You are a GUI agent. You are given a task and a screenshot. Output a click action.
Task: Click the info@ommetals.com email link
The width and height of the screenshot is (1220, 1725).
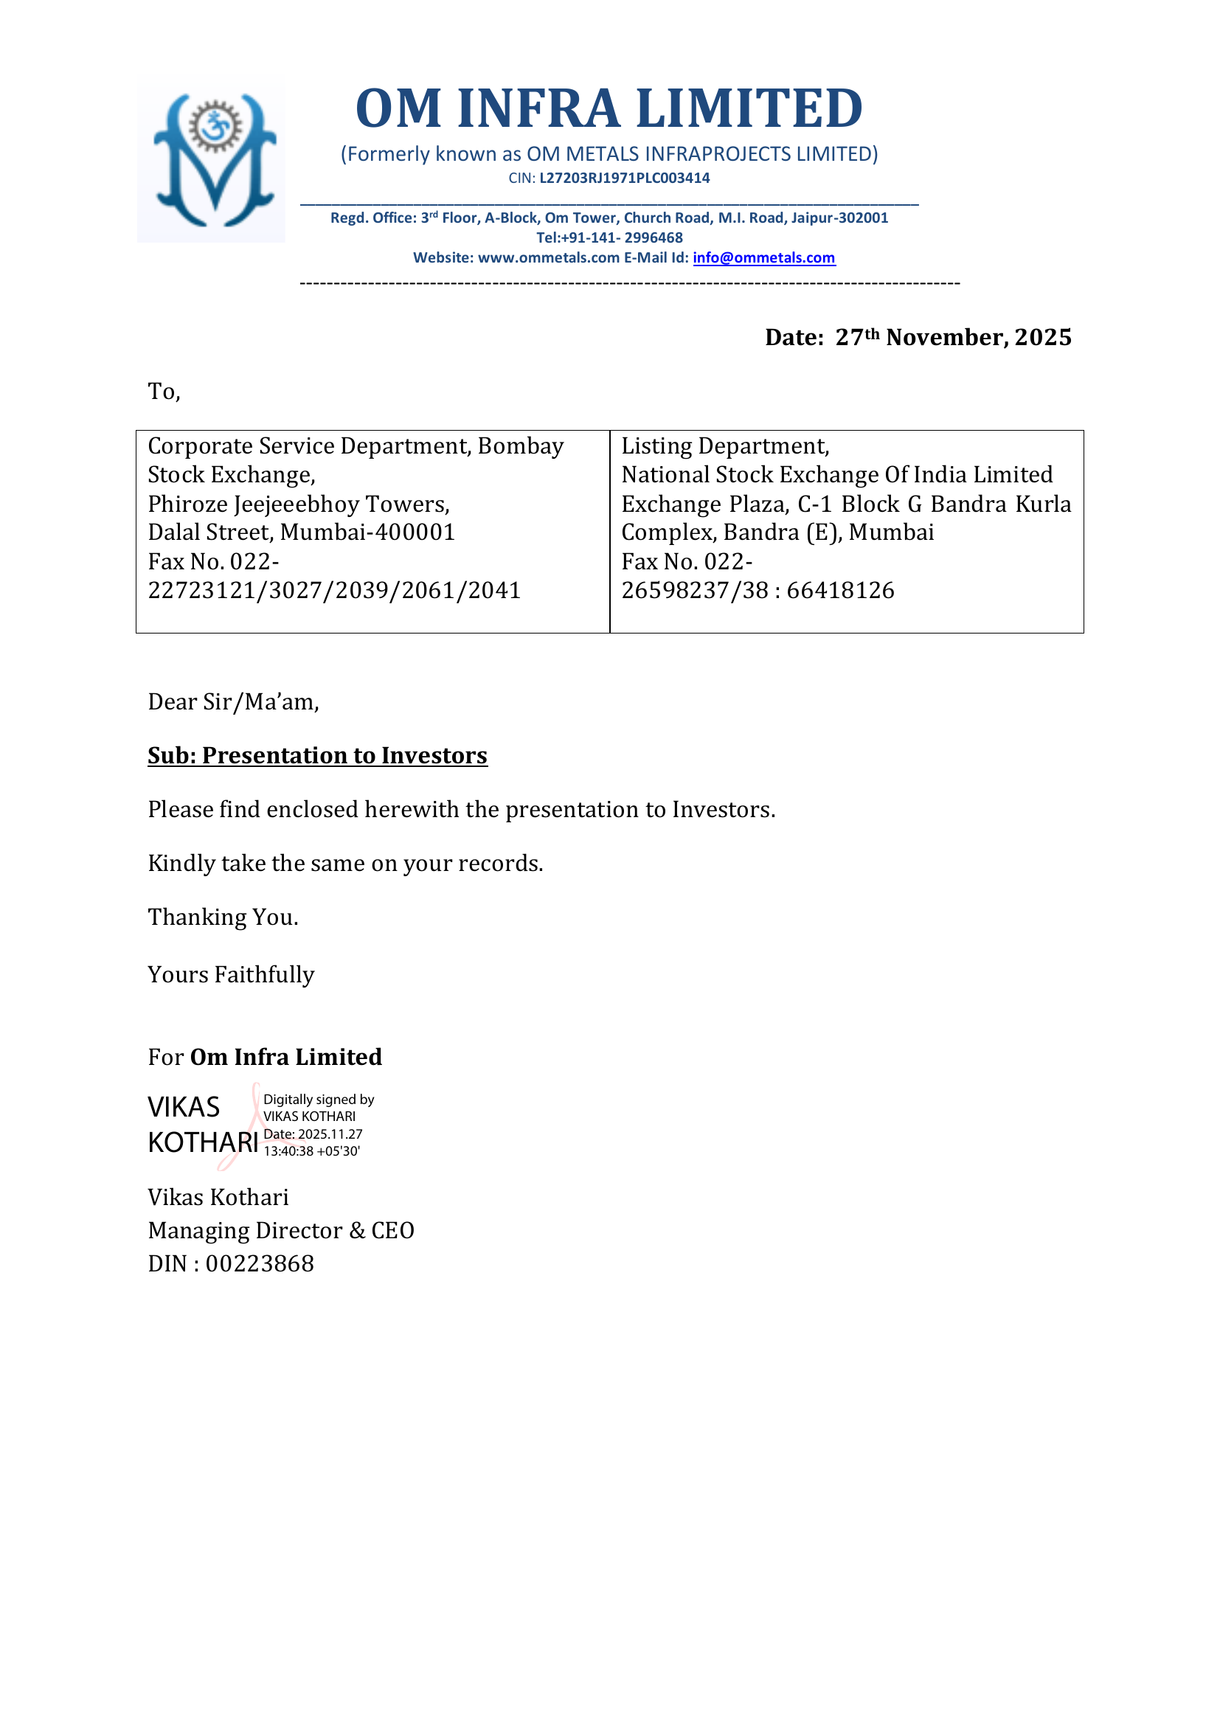coord(763,257)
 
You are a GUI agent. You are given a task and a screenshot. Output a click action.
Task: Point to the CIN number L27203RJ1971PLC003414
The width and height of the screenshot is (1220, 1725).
coord(624,178)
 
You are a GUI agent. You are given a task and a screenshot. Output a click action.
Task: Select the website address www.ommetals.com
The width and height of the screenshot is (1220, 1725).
coord(548,257)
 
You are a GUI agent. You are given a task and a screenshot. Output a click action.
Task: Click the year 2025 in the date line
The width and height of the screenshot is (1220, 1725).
coord(1043,337)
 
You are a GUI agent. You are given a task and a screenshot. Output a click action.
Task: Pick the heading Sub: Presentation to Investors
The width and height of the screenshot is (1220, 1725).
coord(317,755)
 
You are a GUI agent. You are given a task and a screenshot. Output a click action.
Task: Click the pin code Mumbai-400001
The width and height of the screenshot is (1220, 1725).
coord(367,532)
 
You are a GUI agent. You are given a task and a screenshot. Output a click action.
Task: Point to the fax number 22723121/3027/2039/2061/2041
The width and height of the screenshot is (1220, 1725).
coord(334,591)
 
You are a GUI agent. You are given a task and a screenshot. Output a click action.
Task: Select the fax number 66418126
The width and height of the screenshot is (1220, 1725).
coord(841,591)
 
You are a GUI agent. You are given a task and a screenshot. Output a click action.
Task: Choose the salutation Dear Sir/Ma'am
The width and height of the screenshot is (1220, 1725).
coord(233,701)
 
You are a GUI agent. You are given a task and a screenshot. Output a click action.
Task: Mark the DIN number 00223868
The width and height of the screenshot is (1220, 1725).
coord(260,1264)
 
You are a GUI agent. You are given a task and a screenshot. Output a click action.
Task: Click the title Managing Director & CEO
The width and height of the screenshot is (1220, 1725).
coord(281,1231)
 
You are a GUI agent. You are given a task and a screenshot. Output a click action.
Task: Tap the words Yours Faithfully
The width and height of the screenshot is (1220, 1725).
coord(231,974)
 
